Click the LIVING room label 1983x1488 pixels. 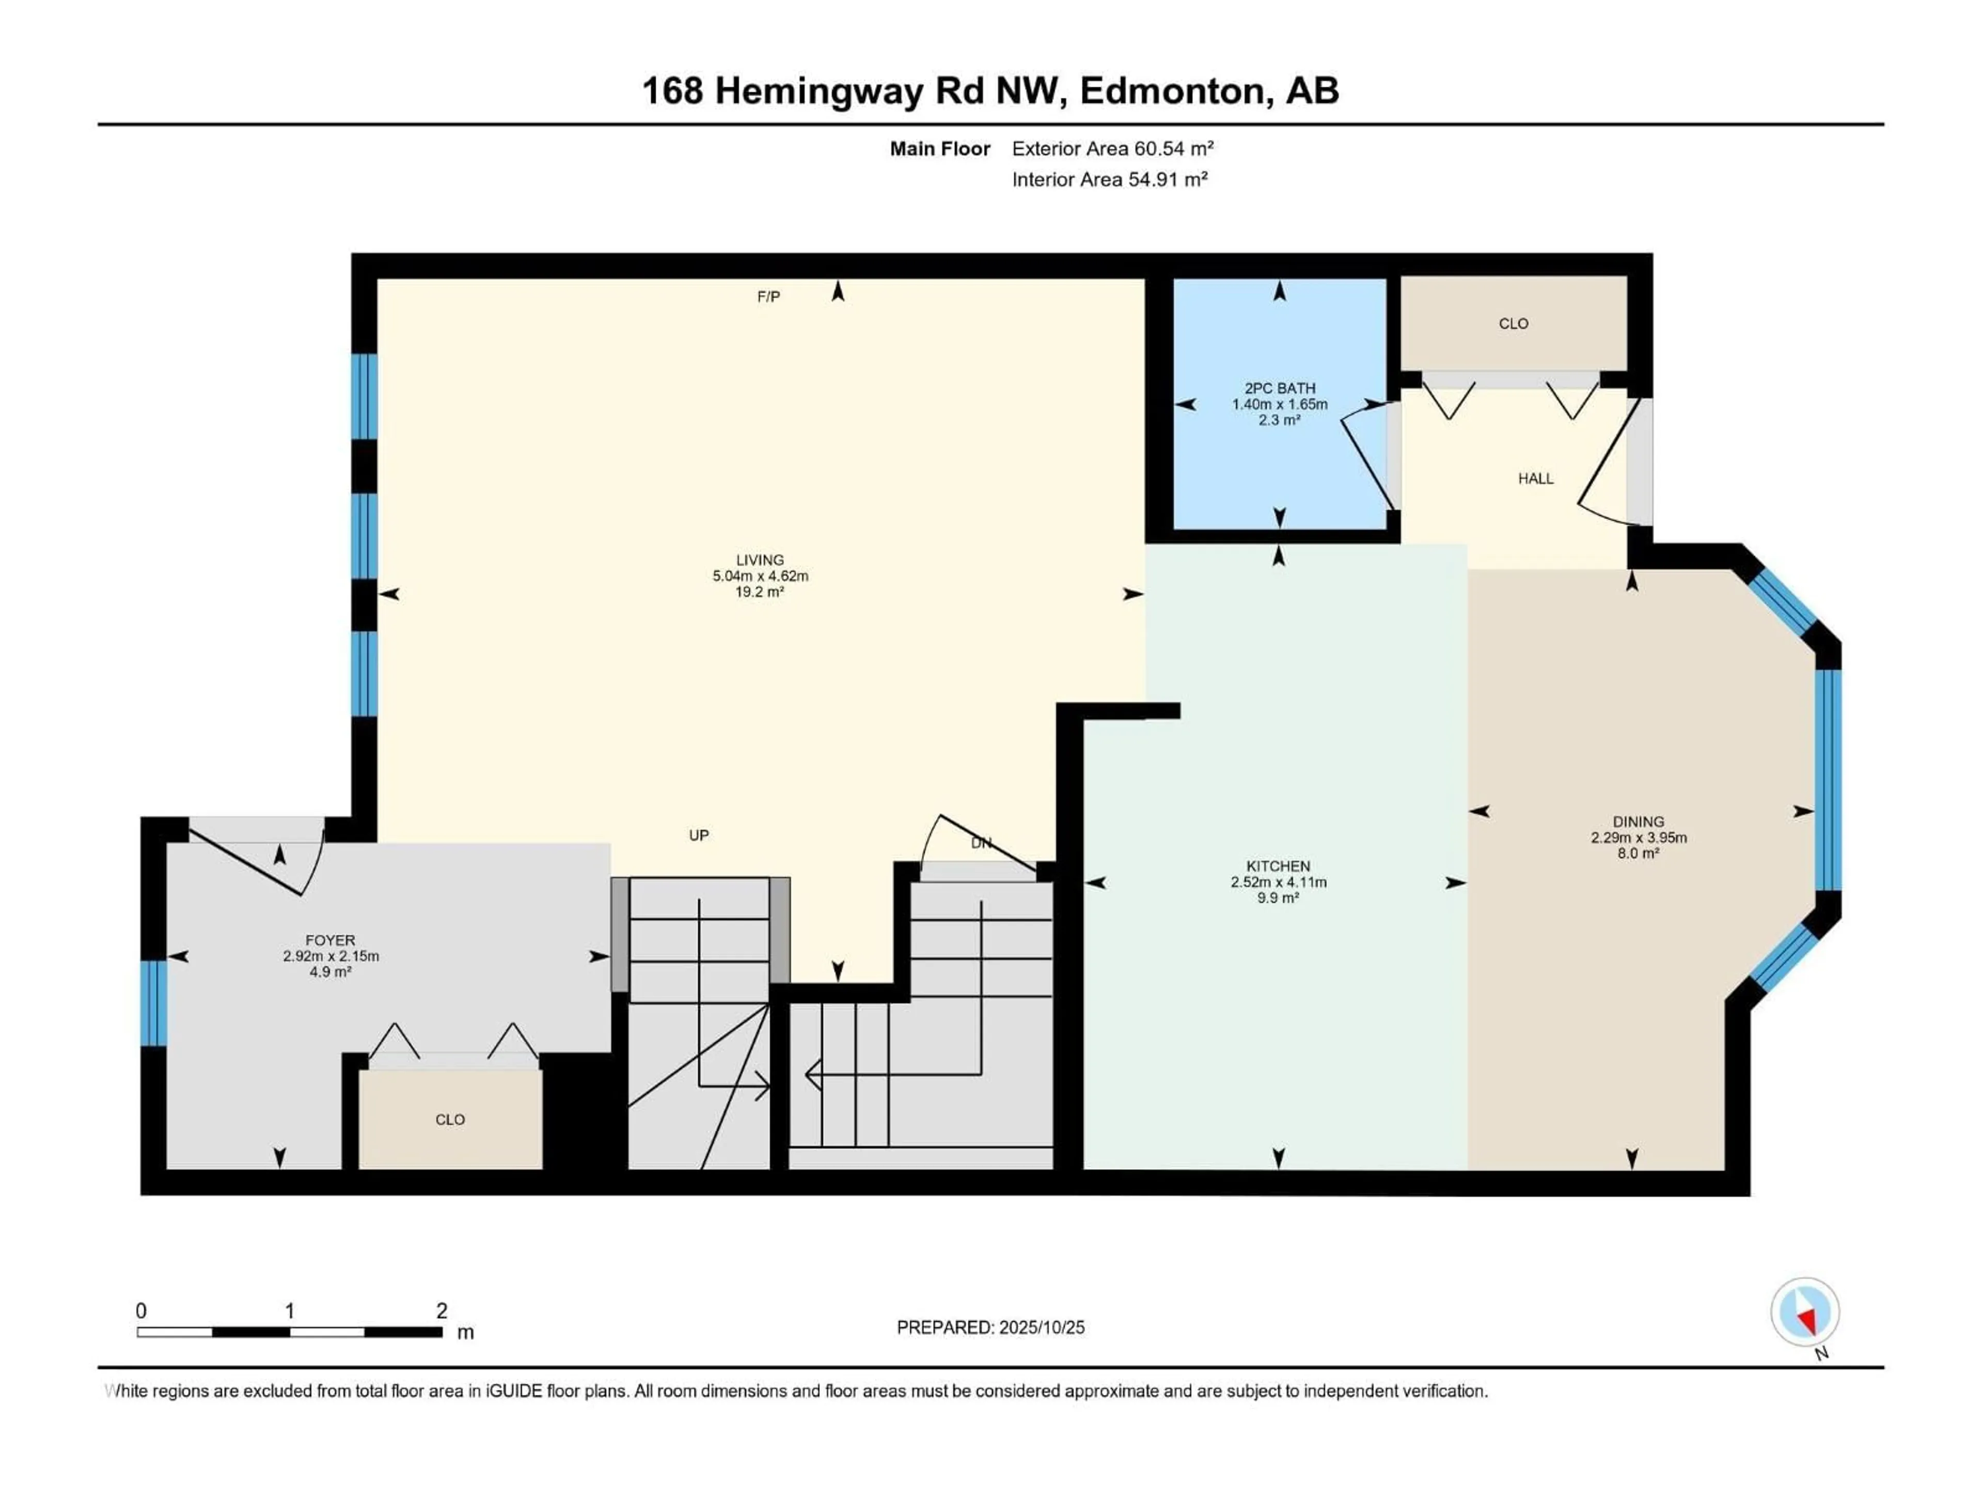tap(759, 560)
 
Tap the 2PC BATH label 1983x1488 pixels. tap(1279, 389)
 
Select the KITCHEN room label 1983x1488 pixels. tap(1278, 866)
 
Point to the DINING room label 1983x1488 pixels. tap(1638, 822)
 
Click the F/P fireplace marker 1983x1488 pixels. tap(768, 297)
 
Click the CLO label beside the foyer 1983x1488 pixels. tap(450, 1120)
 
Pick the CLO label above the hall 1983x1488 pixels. tap(1513, 324)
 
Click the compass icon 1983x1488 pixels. tap(1805, 1312)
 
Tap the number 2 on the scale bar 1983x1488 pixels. tap(441, 1310)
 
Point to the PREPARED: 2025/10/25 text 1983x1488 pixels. tap(990, 1327)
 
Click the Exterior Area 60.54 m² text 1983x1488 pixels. tap(1112, 149)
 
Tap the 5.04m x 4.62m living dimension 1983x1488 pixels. tap(760, 576)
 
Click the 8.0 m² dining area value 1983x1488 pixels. tap(1638, 853)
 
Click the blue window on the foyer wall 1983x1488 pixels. tap(153, 1003)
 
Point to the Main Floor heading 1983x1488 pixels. tap(939, 149)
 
